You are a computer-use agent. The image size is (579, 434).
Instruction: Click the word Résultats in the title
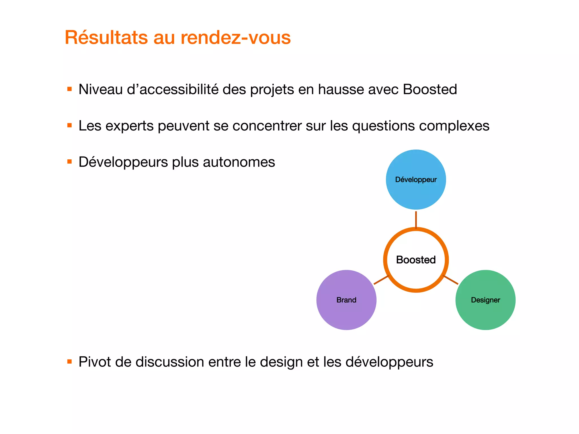click(106, 37)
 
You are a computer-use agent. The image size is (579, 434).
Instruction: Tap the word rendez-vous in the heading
click(236, 37)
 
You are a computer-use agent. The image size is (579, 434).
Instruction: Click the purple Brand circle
click(346, 311)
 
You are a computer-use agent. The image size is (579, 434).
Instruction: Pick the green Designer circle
click(485, 311)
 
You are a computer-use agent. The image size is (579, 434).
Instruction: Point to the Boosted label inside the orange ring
click(416, 260)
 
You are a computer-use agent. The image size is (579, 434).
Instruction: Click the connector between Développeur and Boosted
click(416, 219)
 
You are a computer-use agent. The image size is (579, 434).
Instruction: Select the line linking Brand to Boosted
click(381, 280)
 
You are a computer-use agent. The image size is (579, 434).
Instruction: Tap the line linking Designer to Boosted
click(451, 280)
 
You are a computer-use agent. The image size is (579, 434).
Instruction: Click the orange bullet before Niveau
click(70, 89)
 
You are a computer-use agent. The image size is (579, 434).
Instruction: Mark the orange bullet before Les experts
click(70, 125)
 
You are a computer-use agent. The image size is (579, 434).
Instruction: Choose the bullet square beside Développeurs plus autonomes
click(70, 162)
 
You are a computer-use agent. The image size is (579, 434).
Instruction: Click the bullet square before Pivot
click(70, 361)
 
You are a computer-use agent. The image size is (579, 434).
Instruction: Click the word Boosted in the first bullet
click(430, 89)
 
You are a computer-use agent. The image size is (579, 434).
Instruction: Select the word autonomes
click(239, 162)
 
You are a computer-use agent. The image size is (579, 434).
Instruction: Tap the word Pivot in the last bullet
click(95, 362)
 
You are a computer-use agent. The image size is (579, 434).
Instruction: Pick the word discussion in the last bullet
click(170, 362)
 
